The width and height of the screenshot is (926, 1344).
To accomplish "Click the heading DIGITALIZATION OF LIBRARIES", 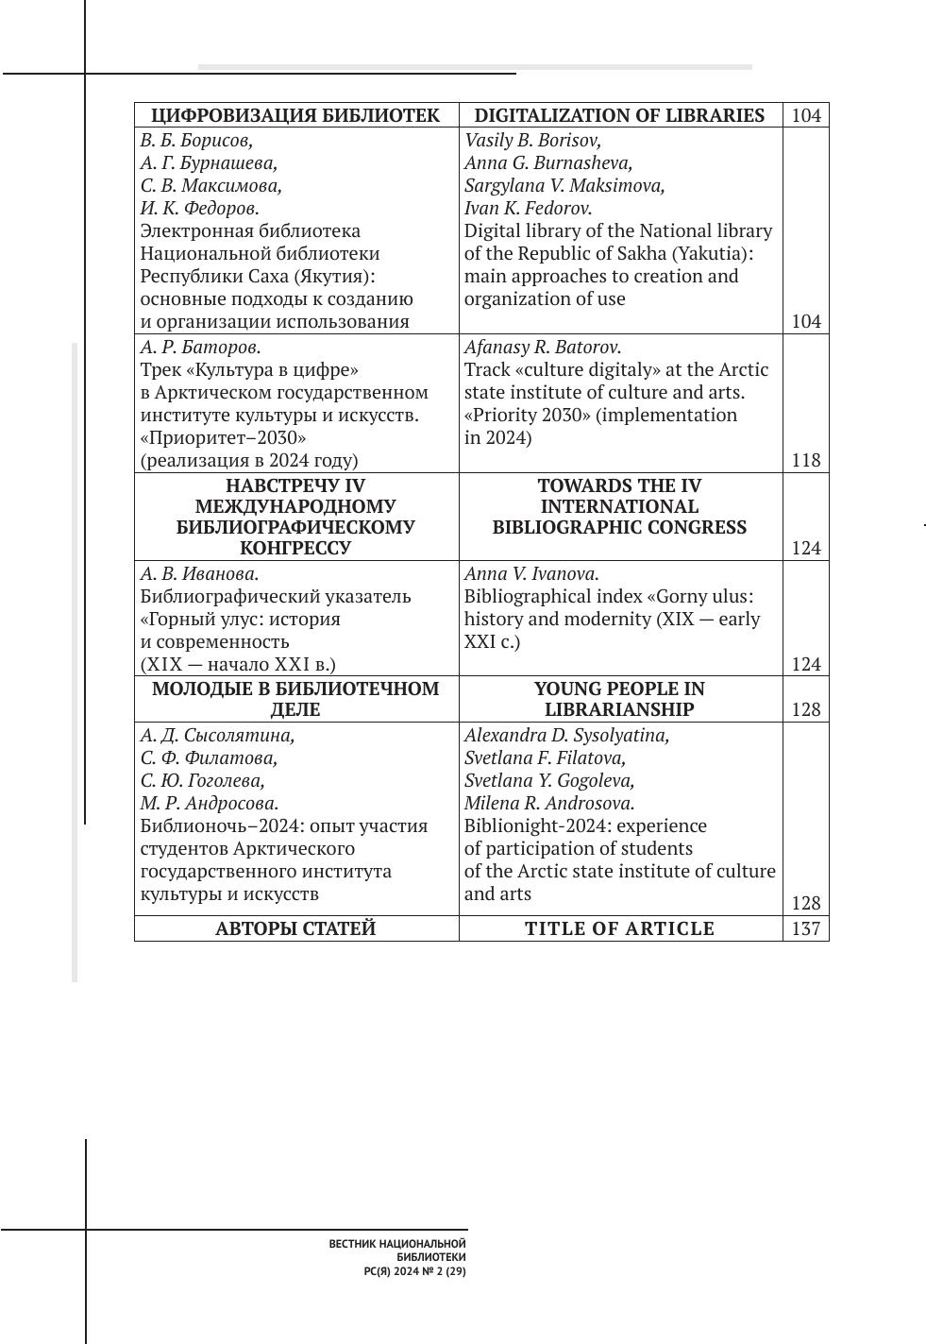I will [x=619, y=115].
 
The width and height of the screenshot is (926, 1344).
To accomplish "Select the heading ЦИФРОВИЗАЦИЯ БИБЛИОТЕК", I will [x=295, y=115].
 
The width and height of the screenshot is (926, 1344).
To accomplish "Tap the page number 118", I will [x=806, y=460].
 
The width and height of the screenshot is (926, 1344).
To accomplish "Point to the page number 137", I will [x=806, y=928].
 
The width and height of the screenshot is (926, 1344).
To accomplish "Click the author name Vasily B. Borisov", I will [x=532, y=140].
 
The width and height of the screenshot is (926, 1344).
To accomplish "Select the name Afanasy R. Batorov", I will [x=543, y=347].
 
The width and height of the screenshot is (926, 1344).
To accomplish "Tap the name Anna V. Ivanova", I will [x=531, y=573].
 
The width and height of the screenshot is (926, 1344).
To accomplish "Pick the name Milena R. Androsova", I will [x=549, y=803].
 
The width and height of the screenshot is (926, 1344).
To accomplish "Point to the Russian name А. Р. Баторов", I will [x=200, y=347].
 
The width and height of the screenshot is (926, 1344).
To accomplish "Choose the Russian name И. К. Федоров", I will [x=199, y=208].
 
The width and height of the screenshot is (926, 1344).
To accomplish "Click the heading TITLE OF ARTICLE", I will [x=619, y=928].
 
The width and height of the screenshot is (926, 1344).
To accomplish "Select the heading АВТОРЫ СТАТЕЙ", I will [x=295, y=928].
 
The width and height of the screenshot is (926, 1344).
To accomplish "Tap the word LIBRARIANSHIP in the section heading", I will [x=619, y=709].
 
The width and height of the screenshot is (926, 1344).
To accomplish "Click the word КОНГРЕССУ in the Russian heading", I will [x=295, y=548].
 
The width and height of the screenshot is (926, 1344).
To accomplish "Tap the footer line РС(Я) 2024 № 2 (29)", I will [x=415, y=1271].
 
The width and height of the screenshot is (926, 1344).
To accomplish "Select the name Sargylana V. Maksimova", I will [x=564, y=185].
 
